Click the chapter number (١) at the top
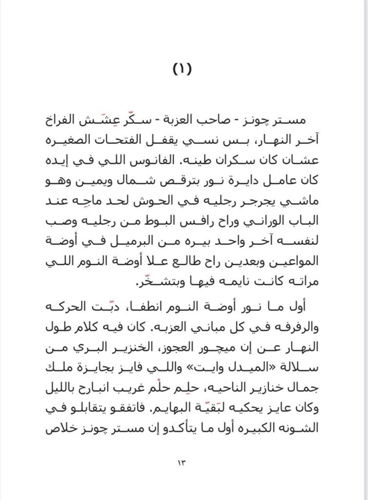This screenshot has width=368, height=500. click(x=183, y=69)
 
